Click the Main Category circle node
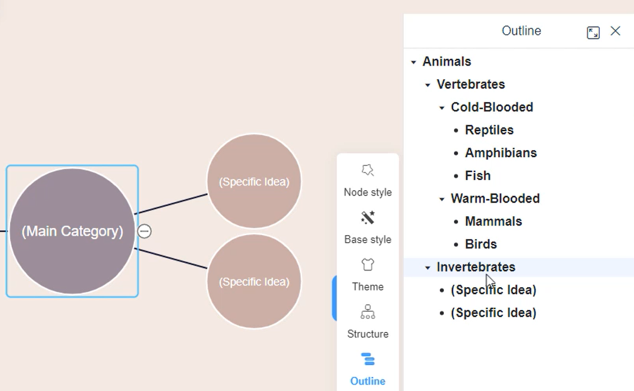pos(72,231)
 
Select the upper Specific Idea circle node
pos(254,181)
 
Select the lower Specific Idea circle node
pos(254,282)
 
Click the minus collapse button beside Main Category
pos(145,231)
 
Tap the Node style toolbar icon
pos(368,171)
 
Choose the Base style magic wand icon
pos(368,218)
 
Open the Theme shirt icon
pos(368,265)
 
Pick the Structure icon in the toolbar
pos(368,312)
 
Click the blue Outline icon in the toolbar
pos(368,359)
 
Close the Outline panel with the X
pos(615,31)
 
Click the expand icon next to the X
pos(593,32)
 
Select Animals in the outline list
pos(447,61)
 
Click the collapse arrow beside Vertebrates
pos(428,85)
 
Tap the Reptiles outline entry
pos(489,130)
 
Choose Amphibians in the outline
pos(501,153)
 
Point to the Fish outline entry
pos(478,175)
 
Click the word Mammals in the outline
pos(494,221)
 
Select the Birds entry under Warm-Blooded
pos(481,244)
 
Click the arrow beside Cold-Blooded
pos(442,108)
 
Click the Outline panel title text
pos(521,31)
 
